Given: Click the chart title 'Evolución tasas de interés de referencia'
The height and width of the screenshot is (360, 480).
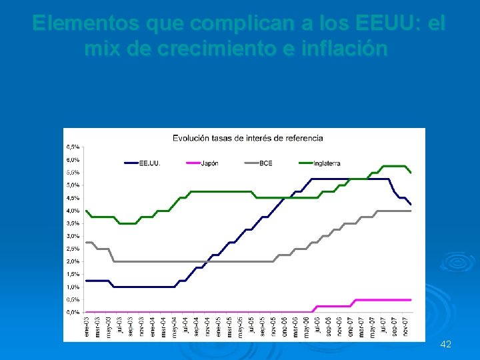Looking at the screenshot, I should [248, 138].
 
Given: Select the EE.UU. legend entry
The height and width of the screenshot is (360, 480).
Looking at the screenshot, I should [149, 163].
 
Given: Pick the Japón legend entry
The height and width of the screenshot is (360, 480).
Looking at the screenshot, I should [210, 163].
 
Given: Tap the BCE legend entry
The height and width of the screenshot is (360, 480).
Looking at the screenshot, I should [266, 163].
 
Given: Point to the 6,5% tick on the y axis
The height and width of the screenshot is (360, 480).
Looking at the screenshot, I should [73, 147].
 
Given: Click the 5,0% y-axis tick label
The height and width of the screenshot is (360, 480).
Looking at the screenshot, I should [73, 185].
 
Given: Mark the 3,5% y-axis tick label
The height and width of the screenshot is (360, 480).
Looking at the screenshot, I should [73, 236].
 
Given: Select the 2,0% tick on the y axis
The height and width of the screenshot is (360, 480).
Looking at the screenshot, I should [73, 261].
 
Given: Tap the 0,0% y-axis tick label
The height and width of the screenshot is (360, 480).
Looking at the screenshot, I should [73, 312].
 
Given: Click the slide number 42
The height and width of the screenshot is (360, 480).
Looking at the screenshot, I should [446, 344].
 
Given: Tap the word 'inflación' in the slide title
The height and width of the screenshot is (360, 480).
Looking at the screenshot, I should [346, 49].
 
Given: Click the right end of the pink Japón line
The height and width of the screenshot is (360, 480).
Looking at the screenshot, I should [410, 300].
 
